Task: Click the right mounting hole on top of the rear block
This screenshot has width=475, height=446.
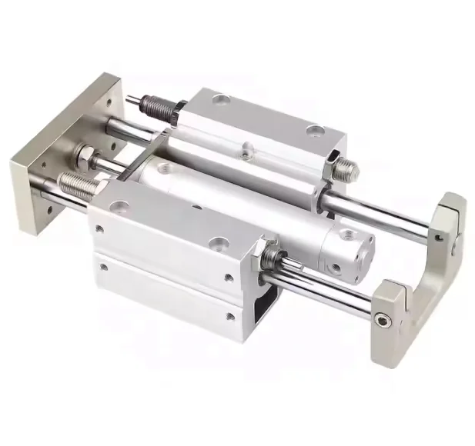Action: click(x=314, y=132)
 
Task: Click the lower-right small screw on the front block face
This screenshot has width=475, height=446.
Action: click(x=230, y=316)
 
